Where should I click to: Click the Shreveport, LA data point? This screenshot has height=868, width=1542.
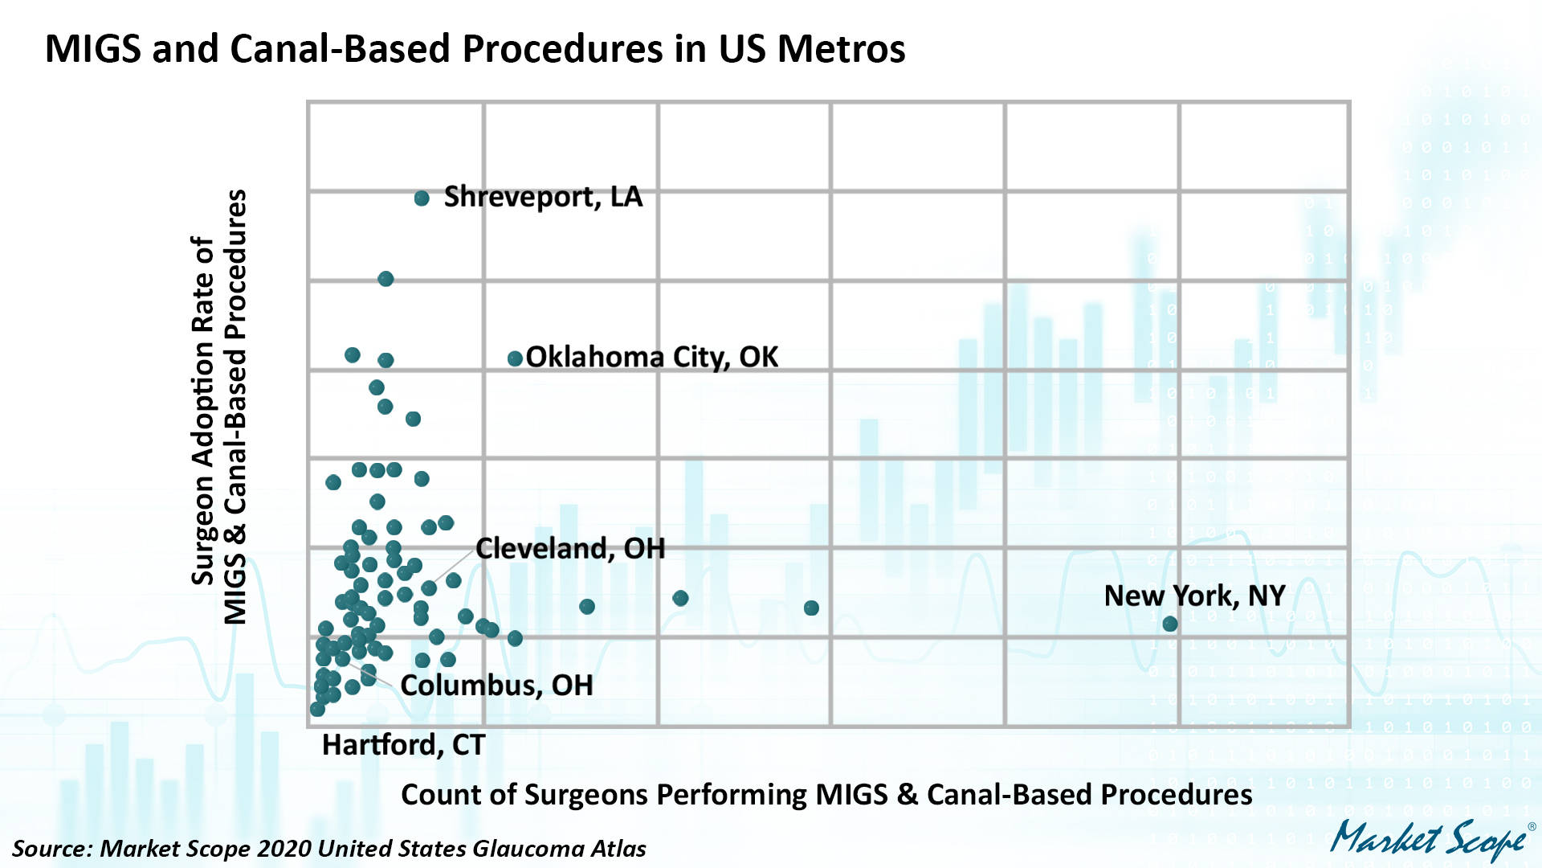coord(422,199)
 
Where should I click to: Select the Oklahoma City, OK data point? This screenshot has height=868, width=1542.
coord(515,358)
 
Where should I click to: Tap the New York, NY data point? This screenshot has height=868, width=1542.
coord(1170,624)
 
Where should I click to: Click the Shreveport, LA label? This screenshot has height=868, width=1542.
coord(543,197)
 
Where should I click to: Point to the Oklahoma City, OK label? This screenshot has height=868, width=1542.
coord(651,357)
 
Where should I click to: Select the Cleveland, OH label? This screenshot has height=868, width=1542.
coord(570,548)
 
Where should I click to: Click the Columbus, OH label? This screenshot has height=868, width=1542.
coord(496,685)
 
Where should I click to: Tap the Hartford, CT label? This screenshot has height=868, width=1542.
coord(403,745)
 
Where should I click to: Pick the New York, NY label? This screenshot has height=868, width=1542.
coord(1194,596)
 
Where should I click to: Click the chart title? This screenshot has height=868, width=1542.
coord(475,48)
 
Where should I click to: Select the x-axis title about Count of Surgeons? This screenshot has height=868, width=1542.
coord(826,794)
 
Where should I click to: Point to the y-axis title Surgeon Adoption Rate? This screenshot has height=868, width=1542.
coord(218,407)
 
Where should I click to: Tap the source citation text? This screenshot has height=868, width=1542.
coord(328,849)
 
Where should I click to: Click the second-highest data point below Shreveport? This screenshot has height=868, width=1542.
coord(385,279)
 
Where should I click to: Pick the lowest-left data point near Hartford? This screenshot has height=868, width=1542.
coord(317,709)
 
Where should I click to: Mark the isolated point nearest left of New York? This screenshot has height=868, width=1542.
coord(811,608)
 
